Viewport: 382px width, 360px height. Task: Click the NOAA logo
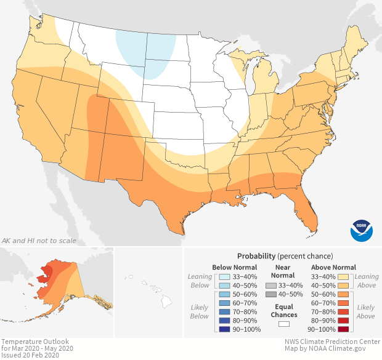362,230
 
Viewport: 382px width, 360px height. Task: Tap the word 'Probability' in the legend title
258,255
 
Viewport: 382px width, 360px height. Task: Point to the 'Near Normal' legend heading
282,271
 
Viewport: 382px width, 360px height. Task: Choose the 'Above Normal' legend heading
334,268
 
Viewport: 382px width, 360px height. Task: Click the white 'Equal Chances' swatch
283,323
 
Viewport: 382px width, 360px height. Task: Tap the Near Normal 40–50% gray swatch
270,295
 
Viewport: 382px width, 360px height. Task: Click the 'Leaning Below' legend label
200,281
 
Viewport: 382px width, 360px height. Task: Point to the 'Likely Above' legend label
365,312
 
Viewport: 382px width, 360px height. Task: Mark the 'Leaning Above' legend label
366,281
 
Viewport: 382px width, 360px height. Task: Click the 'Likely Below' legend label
200,312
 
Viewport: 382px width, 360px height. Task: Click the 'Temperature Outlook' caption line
35,342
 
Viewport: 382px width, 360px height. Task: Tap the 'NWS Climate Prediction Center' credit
331,342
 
